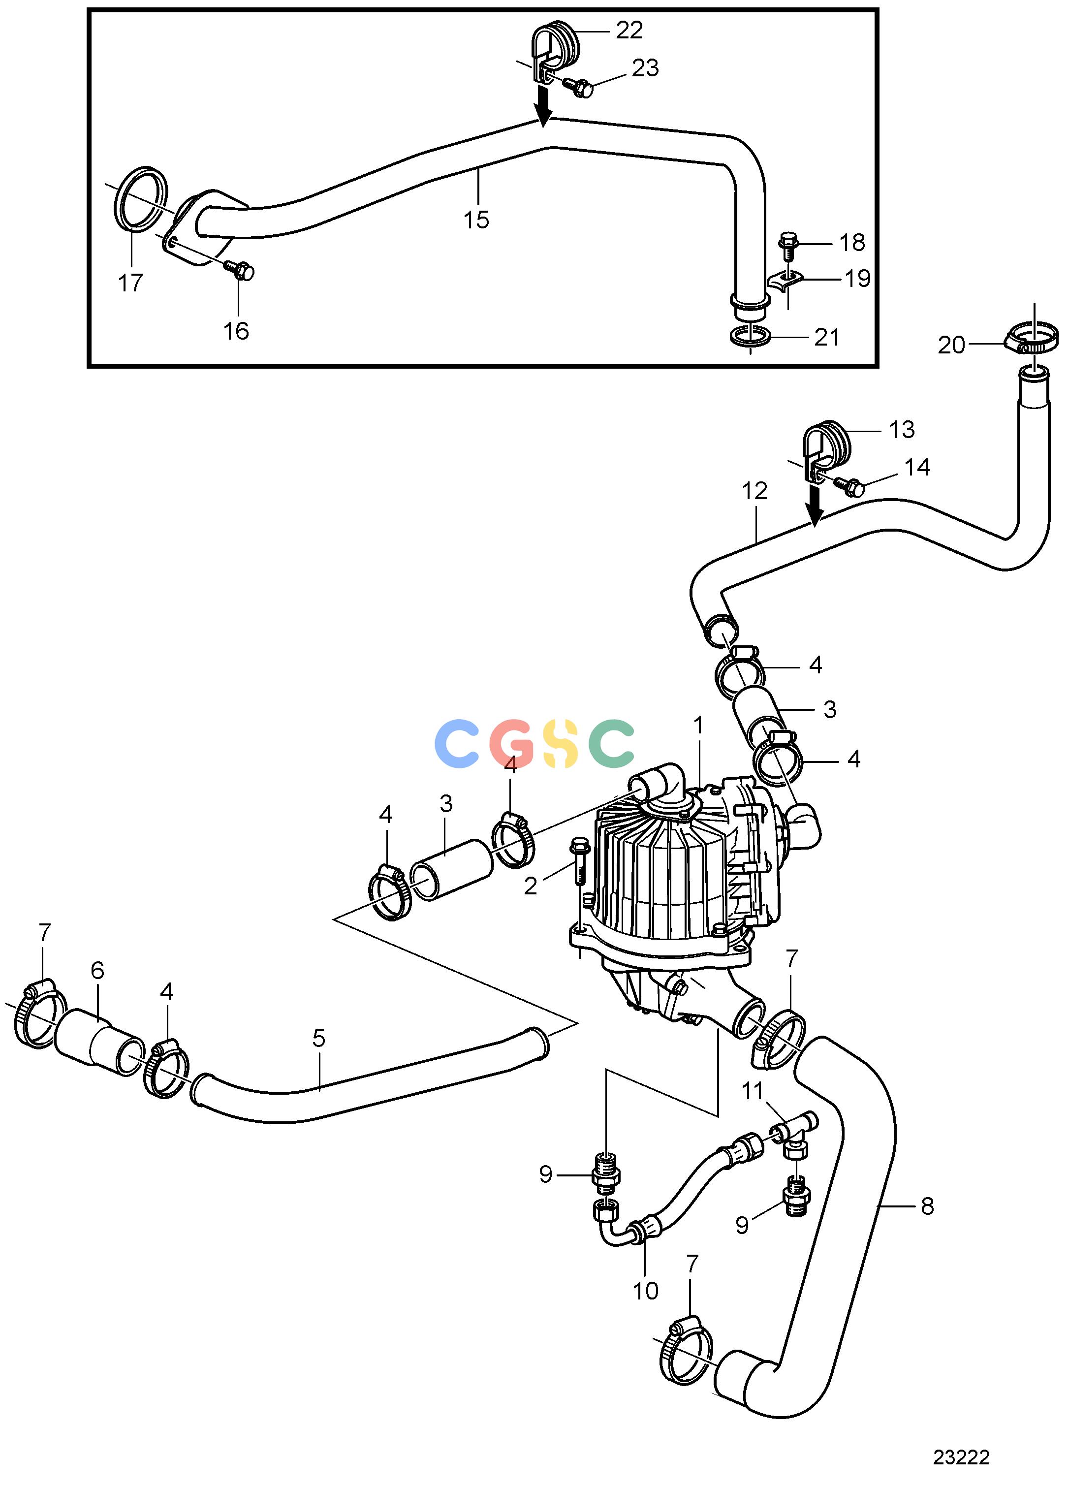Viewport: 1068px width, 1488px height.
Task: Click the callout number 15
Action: [x=476, y=220]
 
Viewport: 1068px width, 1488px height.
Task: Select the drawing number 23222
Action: [x=962, y=1458]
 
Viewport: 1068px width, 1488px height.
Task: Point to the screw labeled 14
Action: [x=849, y=486]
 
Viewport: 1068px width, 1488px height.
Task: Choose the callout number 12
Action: [x=754, y=491]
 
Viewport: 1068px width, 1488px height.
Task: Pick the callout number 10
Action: [x=646, y=1291]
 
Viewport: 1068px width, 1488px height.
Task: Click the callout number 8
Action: [x=927, y=1206]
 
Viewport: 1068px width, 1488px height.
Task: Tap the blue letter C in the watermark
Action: [x=457, y=743]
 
